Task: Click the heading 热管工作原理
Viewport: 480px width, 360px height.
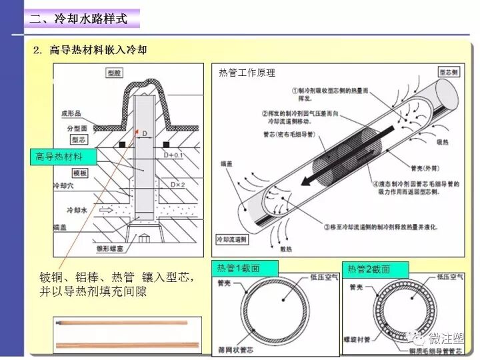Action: point(247,73)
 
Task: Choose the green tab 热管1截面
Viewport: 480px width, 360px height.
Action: point(238,268)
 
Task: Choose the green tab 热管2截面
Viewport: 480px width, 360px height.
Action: point(369,268)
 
